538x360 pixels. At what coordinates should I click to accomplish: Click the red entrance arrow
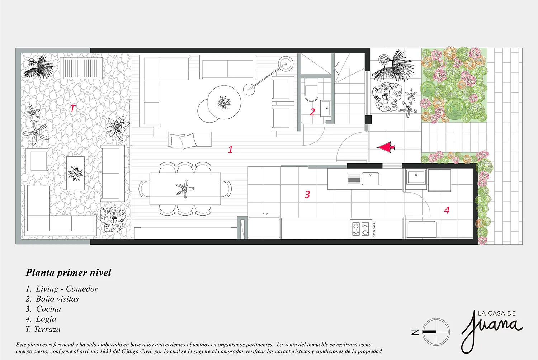[x=386, y=147]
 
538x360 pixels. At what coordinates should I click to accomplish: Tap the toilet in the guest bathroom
[x=311, y=90]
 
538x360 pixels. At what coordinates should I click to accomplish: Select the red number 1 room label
[x=230, y=150]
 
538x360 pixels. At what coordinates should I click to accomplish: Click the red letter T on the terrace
[x=72, y=109]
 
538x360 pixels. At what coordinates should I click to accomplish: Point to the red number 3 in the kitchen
[x=307, y=194]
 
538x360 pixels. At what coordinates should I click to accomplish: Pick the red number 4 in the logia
[x=447, y=210]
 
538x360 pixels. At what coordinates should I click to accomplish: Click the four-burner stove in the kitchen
[x=361, y=229]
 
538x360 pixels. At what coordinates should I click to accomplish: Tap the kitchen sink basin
[x=371, y=179]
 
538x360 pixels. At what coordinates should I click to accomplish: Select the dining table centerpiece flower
[x=185, y=189]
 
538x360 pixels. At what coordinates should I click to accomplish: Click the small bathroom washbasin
[x=326, y=108]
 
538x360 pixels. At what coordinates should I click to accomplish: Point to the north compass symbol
[x=432, y=332]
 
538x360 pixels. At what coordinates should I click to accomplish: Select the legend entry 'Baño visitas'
[x=57, y=299]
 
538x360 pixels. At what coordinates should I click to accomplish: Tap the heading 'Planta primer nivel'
[x=69, y=273]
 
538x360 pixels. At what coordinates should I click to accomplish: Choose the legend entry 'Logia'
[x=46, y=319]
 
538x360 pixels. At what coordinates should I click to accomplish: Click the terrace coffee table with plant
[x=75, y=173]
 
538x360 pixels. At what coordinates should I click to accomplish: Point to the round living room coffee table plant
[x=224, y=103]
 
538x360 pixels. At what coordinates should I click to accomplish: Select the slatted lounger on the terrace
[x=81, y=68]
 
